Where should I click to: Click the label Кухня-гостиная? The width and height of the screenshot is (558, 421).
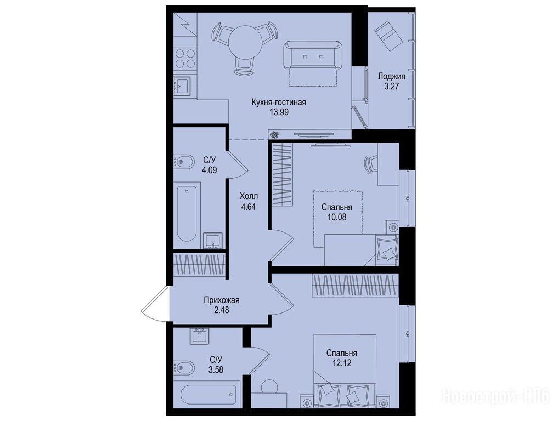pos(279,103)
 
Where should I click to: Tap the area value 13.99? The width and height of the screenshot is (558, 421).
pos(279,112)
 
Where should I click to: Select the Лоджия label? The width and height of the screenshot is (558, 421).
pos(391,76)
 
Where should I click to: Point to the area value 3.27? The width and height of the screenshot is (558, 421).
pos(391,86)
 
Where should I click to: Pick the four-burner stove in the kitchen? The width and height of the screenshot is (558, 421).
pos(185,59)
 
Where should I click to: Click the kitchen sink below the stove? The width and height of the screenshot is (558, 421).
pos(182,86)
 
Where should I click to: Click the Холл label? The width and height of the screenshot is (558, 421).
pos(249,196)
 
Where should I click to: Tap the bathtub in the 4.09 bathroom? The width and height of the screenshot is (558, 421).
pos(187,213)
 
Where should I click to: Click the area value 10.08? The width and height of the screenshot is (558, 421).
pos(337,217)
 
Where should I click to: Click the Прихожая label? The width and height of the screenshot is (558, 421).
pos(221,300)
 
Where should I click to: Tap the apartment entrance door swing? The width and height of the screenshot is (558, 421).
pos(155,304)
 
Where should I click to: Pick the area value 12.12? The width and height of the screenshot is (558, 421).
pos(342,363)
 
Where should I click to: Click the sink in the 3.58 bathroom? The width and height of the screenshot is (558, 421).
pos(199,336)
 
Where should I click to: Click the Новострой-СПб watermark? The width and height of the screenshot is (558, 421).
pos(495,396)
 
